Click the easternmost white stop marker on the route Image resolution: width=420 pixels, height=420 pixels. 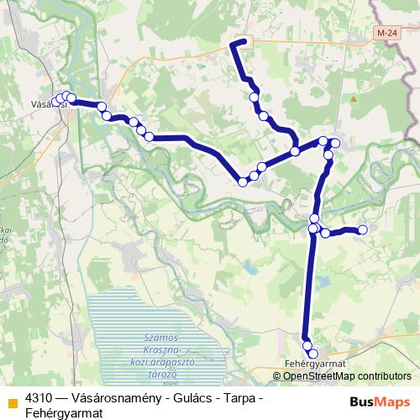[x=363, y=229]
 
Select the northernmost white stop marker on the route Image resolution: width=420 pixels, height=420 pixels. [x=255, y=97]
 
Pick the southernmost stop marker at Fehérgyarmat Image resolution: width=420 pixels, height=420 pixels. [x=313, y=354]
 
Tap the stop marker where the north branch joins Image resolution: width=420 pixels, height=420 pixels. [x=295, y=151]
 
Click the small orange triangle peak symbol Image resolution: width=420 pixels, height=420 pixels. [x=354, y=98]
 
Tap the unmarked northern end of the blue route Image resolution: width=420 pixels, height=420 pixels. [x=244, y=41]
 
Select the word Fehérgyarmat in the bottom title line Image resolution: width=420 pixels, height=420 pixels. [x=64, y=413]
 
